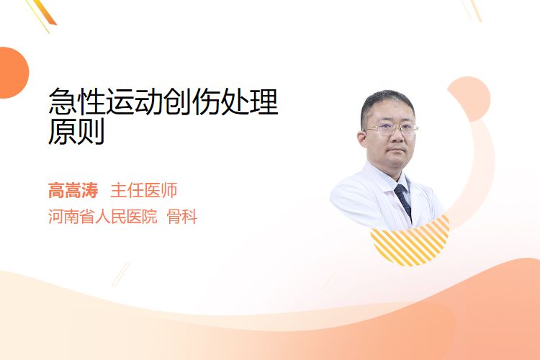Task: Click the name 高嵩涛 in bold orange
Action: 73,190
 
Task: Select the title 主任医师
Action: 143,190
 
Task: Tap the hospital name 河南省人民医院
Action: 103,217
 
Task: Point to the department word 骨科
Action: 182,217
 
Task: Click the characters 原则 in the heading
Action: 76,132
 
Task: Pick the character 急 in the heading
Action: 63,102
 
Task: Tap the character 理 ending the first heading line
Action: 264,102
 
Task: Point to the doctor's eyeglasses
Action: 390,129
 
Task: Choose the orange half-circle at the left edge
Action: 13,73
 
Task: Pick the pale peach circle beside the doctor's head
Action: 470,98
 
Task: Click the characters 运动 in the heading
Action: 135,102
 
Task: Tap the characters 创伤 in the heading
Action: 192,102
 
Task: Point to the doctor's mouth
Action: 396,150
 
